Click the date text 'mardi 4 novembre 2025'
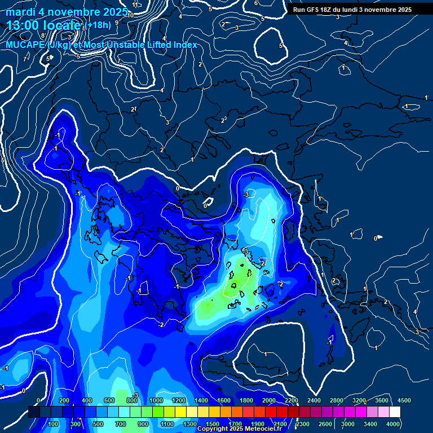[67, 12]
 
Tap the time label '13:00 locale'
[45, 25]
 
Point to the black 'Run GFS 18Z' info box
[352, 10]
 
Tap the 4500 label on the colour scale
[404, 400]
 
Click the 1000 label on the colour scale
[155, 400]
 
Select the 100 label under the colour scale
[54, 424]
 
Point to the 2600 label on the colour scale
[325, 424]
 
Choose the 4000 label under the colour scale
[393, 424]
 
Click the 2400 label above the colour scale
[313, 400]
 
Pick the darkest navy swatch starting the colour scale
[34, 412]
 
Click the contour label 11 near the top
[135, 5]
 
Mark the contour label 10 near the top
[131, 15]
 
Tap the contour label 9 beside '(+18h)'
[117, 23]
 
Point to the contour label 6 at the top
[256, 3]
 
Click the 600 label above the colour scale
[109, 400]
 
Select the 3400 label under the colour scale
[370, 424]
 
